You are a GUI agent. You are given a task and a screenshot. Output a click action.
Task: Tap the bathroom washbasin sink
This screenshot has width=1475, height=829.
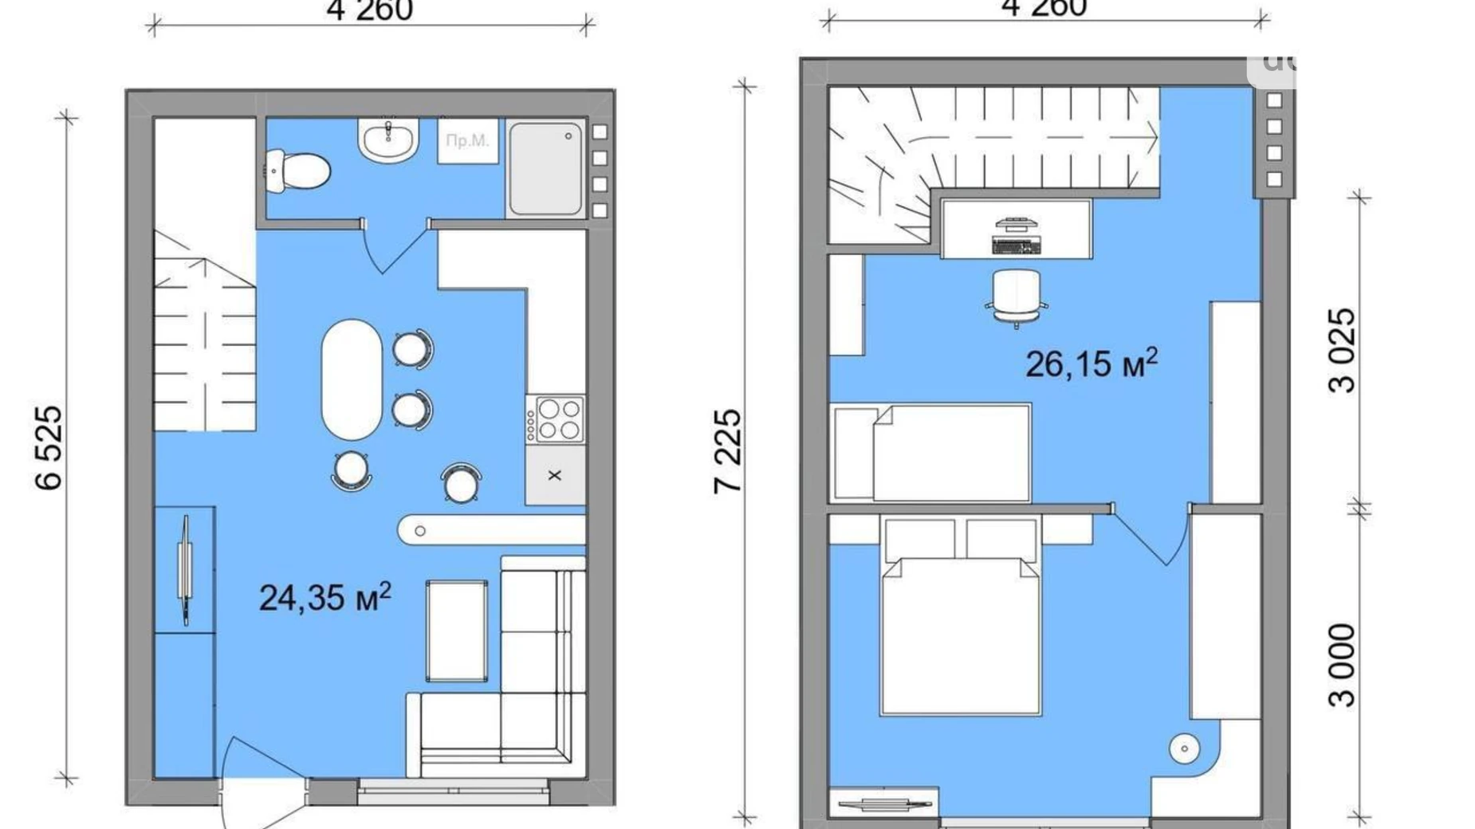click(x=387, y=141)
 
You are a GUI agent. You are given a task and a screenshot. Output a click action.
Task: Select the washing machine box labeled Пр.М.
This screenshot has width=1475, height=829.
click(x=468, y=141)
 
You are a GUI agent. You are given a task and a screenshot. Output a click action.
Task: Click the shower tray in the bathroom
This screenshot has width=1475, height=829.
click(x=545, y=168)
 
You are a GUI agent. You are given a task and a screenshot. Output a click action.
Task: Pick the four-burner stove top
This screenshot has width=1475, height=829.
click(x=556, y=420)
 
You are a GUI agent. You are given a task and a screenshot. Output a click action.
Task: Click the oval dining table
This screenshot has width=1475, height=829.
click(x=352, y=379)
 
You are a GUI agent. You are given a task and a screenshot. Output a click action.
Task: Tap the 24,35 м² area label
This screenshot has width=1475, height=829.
click(x=325, y=597)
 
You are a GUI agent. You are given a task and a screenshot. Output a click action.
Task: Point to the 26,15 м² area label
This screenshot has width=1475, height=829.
click(x=1091, y=363)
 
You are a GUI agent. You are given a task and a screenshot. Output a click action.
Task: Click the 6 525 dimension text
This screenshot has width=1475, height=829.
click(x=49, y=447)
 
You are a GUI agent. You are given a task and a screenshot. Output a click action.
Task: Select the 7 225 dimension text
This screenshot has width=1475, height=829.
click(x=728, y=451)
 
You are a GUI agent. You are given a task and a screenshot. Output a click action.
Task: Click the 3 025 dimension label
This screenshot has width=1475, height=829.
click(x=1342, y=351)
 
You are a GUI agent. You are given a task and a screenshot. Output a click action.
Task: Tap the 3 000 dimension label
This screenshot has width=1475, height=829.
click(x=1342, y=666)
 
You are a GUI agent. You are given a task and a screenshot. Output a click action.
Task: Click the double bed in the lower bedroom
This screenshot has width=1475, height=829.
click(x=961, y=630)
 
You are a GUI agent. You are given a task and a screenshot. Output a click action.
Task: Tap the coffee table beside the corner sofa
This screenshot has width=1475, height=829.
click(x=457, y=631)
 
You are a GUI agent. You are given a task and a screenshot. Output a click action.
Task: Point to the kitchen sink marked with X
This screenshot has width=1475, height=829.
click(x=555, y=475)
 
